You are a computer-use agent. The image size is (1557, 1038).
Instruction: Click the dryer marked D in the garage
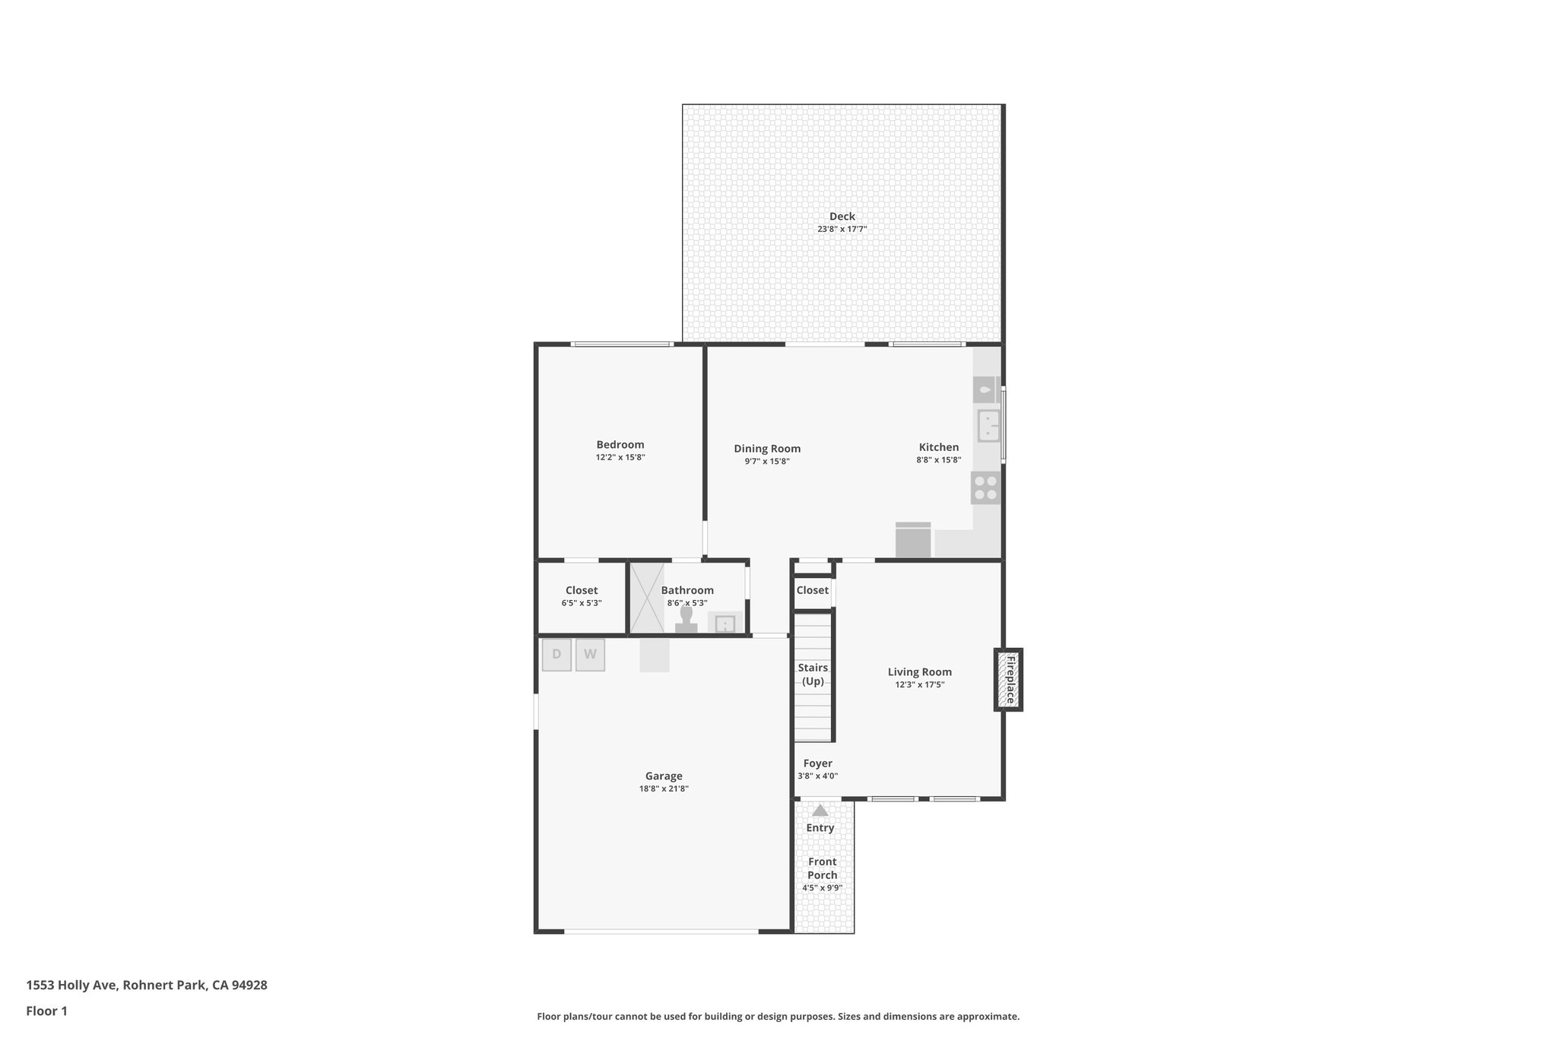click(x=557, y=655)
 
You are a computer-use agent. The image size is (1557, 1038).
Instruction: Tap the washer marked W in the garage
click(x=590, y=655)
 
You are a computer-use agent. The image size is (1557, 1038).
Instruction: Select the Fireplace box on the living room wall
click(x=1009, y=680)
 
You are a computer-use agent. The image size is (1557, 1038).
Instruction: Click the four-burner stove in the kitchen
click(x=986, y=488)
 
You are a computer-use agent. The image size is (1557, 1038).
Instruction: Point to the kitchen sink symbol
click(x=988, y=426)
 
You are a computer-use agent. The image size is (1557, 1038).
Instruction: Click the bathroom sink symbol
click(x=725, y=624)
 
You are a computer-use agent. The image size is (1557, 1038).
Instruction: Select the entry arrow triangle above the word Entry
click(x=820, y=811)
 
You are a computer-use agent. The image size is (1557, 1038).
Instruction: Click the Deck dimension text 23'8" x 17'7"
click(x=842, y=229)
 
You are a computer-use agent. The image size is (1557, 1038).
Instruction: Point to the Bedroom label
click(x=620, y=445)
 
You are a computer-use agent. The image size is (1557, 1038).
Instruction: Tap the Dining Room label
click(x=766, y=449)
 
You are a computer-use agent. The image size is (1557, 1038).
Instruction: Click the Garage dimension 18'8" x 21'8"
click(x=664, y=789)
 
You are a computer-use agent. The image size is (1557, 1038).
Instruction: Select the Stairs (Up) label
click(x=813, y=674)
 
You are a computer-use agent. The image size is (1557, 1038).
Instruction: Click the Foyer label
click(x=817, y=763)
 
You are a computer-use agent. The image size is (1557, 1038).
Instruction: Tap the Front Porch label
click(x=822, y=868)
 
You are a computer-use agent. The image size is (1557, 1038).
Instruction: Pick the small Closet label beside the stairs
click(x=812, y=590)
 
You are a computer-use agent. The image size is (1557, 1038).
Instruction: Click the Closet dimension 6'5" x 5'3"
click(x=582, y=603)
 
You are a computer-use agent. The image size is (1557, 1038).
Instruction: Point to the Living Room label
click(x=919, y=671)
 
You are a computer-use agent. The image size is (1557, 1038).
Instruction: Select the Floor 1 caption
click(x=46, y=1011)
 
